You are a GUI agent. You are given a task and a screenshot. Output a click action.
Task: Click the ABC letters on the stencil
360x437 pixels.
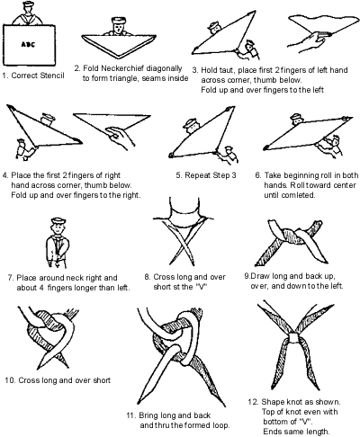28,44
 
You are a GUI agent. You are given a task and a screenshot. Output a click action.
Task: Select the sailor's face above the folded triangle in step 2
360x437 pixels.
119,29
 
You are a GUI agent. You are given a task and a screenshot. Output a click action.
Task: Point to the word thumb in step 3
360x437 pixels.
265,80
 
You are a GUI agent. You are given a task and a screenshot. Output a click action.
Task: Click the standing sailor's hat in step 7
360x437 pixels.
58,221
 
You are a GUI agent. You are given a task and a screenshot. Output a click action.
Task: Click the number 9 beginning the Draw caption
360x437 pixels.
247,276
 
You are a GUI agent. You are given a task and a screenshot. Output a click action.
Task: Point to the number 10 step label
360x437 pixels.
10,380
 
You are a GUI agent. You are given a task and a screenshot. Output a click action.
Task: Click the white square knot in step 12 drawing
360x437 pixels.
293,338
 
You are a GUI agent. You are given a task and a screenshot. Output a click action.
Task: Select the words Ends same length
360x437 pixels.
296,432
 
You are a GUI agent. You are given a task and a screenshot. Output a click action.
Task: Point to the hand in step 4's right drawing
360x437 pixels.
121,137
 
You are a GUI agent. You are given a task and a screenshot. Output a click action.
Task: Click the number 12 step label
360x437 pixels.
253,402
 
